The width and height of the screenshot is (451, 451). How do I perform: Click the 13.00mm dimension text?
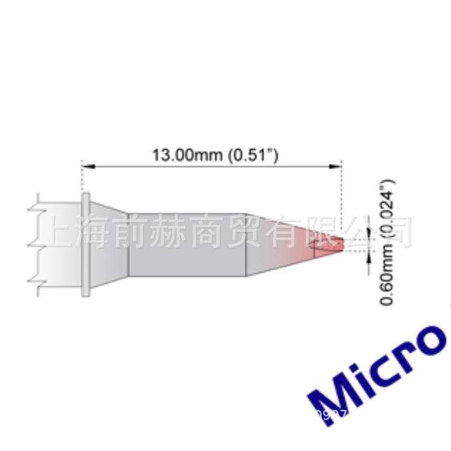(187, 156)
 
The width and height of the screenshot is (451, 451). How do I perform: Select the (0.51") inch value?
(253, 156)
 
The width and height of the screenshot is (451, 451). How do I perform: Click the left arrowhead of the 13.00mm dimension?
(87, 166)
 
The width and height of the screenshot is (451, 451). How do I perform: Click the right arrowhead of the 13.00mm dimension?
(336, 166)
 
